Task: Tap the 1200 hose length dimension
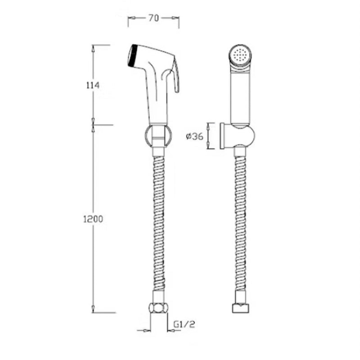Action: point(93,219)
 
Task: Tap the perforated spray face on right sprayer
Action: point(239,55)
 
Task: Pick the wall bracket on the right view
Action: point(237,135)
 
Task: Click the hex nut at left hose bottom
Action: point(159,308)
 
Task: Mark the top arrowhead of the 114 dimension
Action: point(93,47)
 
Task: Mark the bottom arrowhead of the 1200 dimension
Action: point(93,309)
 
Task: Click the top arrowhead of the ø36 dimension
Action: point(207,125)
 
